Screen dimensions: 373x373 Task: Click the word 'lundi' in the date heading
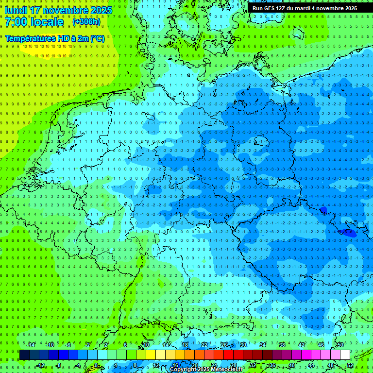(x=16, y=10)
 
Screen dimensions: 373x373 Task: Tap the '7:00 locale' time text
(x=34, y=22)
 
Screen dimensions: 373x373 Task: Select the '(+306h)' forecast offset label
(x=86, y=22)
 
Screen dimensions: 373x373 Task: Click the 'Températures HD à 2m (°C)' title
(x=54, y=38)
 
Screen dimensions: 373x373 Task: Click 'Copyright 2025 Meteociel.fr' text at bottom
(x=206, y=370)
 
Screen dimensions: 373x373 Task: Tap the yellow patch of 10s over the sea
(x=47, y=48)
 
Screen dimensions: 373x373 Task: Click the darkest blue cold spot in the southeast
(x=349, y=233)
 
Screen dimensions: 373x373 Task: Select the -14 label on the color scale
(x=31, y=345)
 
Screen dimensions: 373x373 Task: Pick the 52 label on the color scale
(x=350, y=365)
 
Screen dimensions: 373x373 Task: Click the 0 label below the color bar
(x=96, y=365)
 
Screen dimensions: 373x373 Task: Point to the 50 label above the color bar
(x=340, y=345)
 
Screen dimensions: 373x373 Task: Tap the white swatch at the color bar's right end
(x=345, y=355)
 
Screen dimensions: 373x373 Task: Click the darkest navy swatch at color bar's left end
(x=24, y=355)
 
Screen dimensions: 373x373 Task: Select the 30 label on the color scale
(x=243, y=345)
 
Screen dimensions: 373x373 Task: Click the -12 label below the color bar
(x=40, y=365)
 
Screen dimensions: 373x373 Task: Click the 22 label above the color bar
(x=204, y=345)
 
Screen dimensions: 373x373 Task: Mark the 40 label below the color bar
(x=292, y=365)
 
